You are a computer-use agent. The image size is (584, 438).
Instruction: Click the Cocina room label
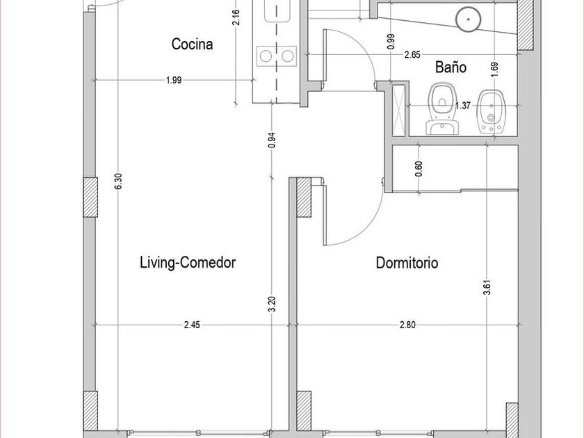(192, 44)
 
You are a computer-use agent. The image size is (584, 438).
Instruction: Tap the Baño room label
(451, 67)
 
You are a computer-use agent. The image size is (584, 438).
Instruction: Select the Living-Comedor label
(188, 263)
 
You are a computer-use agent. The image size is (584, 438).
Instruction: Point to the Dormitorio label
(407, 263)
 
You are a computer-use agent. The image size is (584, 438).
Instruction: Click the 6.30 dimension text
(118, 181)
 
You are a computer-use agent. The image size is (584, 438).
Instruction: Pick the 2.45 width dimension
(192, 325)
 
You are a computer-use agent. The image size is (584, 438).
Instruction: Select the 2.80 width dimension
(407, 325)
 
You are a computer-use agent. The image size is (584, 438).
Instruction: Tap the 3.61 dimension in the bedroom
(487, 287)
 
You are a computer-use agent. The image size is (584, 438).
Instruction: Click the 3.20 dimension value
(273, 305)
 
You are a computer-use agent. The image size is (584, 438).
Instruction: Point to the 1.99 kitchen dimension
(174, 80)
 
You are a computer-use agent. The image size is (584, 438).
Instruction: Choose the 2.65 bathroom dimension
(412, 55)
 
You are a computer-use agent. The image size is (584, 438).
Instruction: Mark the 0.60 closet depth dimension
(419, 169)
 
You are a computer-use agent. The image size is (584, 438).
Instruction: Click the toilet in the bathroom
(442, 108)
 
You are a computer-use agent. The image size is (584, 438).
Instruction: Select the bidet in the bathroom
(491, 111)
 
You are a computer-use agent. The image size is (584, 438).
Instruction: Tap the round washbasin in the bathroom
(468, 19)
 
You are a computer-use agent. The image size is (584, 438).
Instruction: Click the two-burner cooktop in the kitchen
(277, 56)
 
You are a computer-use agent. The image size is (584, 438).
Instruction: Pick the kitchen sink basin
(277, 10)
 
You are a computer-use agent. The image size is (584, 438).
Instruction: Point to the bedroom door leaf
(325, 215)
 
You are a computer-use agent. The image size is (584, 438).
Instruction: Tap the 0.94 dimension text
(273, 140)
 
